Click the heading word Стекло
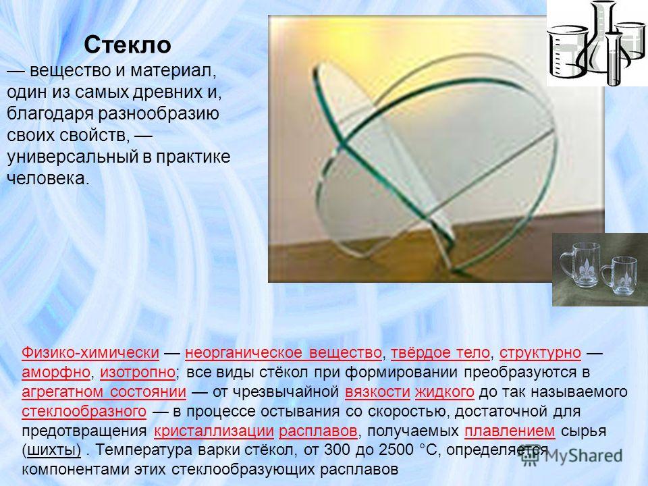128,45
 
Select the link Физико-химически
90,352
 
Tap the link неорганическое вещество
283,352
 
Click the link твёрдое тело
440,352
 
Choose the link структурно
540,352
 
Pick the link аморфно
56,373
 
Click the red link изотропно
138,373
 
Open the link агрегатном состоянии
104,391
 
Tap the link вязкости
377,391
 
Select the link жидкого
444,391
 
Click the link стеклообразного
84,412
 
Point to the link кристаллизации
214,431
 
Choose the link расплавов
318,431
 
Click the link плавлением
510,431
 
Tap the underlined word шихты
54,450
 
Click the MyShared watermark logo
572,456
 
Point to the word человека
48,178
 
